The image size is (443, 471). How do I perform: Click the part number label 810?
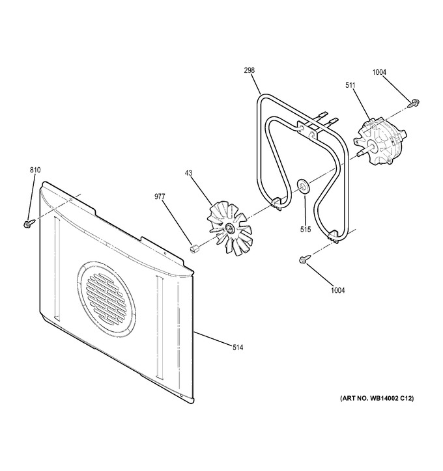(35, 170)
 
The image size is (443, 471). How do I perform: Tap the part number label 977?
(160, 196)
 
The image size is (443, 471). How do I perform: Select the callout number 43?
(188, 173)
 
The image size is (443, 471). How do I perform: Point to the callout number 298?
(249, 70)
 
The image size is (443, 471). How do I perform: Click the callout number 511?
(350, 85)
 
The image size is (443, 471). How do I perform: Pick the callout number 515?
(306, 230)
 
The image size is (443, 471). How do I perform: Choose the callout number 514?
(238, 347)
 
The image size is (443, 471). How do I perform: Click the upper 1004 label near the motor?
(379, 72)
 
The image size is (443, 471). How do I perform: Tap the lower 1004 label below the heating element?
(337, 290)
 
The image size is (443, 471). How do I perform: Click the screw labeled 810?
(29, 223)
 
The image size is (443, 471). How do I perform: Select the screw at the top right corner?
(414, 103)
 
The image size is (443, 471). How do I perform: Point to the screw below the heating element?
(304, 259)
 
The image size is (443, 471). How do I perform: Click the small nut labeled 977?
(194, 249)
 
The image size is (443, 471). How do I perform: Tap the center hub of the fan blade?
(229, 228)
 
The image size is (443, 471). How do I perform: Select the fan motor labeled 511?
(380, 142)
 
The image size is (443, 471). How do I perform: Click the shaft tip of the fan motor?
(358, 154)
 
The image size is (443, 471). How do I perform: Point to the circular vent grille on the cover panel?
(106, 298)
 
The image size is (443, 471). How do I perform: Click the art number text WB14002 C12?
(391, 398)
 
